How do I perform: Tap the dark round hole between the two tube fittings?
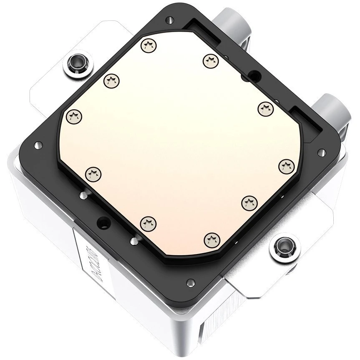pos(254,75)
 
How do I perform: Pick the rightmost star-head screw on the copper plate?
pos(285,166)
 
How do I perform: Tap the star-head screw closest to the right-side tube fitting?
pos(264,109)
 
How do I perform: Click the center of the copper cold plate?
pos(179,142)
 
